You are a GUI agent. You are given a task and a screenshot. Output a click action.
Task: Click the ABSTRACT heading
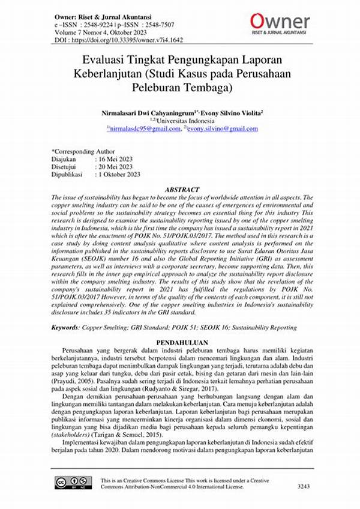pyautogui.click(x=180, y=189)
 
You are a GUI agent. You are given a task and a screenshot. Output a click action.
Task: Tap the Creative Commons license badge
pyautogui.click(x=70, y=484)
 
